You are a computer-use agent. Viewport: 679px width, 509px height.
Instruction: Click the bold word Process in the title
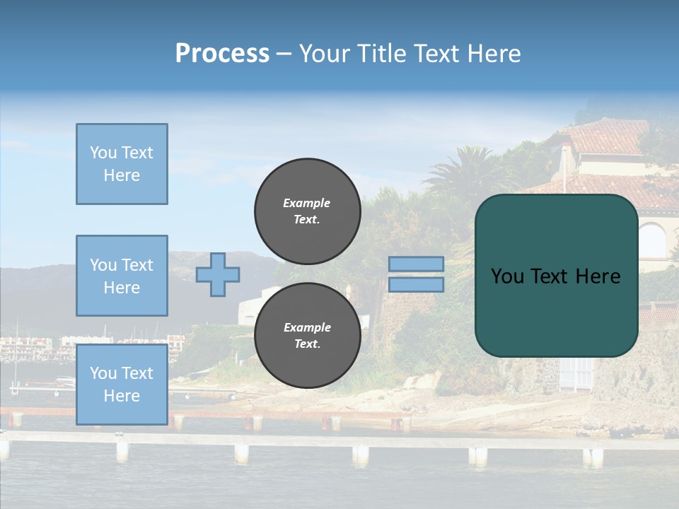click(222, 54)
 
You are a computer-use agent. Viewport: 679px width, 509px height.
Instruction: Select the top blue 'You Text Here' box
click(122, 164)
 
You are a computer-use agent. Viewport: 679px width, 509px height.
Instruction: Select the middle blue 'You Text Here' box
click(122, 276)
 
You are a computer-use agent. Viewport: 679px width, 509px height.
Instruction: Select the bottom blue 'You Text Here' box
click(122, 384)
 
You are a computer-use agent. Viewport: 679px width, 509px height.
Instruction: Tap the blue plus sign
click(218, 274)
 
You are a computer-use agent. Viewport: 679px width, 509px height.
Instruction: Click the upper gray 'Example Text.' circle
click(307, 211)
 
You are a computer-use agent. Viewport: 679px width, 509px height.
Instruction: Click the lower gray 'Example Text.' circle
click(307, 335)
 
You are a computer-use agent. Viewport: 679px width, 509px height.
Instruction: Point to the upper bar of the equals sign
click(416, 264)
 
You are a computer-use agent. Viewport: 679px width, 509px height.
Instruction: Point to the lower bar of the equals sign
click(416, 284)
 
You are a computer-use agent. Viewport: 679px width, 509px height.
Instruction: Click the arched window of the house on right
click(652, 241)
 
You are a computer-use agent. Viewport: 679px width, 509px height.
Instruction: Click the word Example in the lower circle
click(307, 327)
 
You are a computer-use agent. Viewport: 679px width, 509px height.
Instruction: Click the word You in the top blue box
click(103, 153)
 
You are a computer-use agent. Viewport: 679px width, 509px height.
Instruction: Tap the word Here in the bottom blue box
click(122, 396)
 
